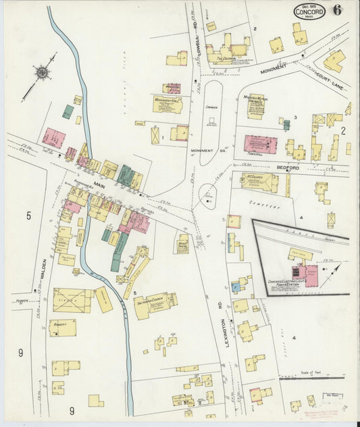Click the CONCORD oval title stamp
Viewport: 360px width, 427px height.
coord(309,11)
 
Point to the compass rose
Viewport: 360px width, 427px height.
coord(43,72)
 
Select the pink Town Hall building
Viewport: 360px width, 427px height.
coord(260,145)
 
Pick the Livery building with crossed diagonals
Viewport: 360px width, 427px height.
coord(72,300)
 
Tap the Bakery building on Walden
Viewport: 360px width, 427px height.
coord(62,328)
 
